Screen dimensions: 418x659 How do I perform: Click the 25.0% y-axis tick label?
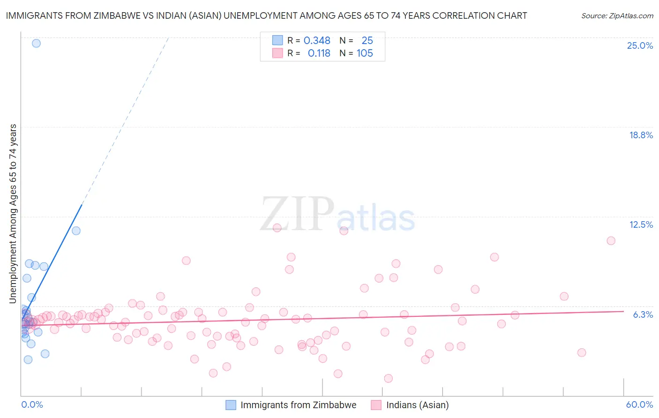640,45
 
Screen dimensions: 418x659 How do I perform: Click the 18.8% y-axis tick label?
641,135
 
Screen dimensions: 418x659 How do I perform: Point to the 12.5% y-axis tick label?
641,224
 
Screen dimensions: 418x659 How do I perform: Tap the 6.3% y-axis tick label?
643,314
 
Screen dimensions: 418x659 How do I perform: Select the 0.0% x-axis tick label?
32,404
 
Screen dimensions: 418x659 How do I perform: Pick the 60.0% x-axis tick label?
639,404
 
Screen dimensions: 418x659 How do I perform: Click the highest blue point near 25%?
36,43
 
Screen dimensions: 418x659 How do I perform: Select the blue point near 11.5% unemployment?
76,231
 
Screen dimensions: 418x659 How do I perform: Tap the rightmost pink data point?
611,241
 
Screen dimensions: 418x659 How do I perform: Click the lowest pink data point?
388,378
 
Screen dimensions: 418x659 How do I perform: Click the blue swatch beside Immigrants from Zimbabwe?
231,405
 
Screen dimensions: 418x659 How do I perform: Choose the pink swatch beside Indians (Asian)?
376,405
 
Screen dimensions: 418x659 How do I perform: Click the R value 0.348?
317,41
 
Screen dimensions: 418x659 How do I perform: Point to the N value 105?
365,53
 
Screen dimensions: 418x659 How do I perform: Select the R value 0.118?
319,53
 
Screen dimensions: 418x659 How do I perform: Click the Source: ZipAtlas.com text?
617,16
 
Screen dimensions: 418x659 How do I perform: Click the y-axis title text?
13,213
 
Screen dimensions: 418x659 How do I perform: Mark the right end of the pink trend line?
623,311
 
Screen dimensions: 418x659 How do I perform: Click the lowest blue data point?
28,359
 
